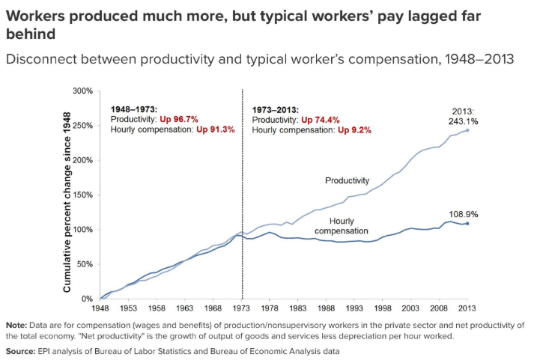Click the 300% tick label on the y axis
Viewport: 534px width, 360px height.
tap(82, 91)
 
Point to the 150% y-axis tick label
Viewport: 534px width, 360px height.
tap(82, 195)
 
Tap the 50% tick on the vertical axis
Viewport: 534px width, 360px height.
tap(85, 264)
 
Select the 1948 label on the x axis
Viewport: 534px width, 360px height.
tap(100, 308)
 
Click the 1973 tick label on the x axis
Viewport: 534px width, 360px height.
tap(243, 308)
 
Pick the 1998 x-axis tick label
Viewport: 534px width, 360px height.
tap(382, 308)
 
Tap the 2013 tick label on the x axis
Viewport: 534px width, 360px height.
tap(468, 308)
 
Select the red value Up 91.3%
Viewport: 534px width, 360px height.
tap(216, 129)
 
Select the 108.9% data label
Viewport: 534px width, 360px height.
tap(464, 214)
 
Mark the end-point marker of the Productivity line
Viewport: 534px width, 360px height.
tap(468, 130)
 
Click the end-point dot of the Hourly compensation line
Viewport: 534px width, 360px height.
tap(468, 223)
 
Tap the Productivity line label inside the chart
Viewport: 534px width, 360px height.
tap(347, 180)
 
